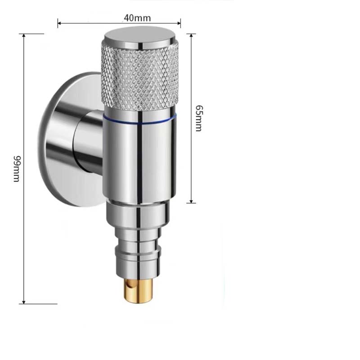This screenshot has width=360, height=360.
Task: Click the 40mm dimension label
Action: pos(137,18)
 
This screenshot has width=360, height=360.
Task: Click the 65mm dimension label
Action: pos(198,118)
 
